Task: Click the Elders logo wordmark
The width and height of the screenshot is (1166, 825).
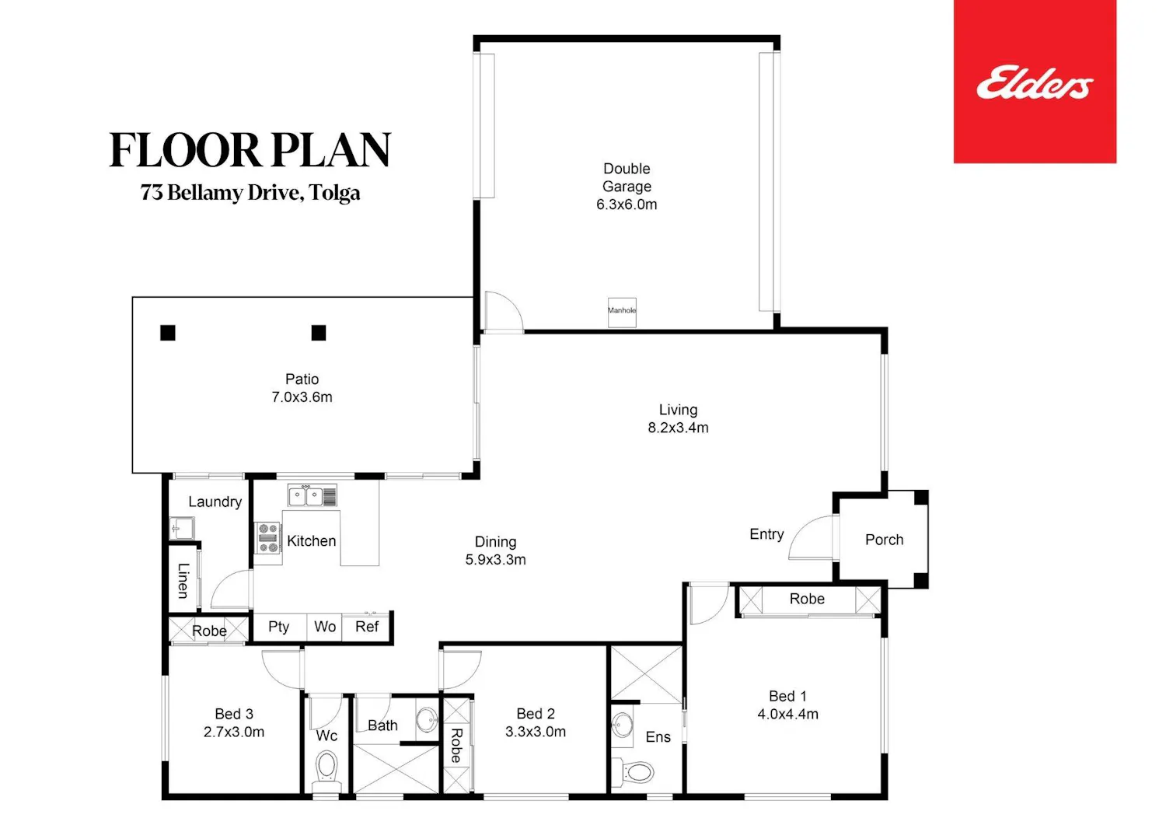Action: tap(1035, 83)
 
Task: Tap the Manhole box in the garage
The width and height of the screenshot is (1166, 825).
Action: tap(622, 312)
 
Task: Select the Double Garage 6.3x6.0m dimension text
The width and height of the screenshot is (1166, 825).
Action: tap(627, 205)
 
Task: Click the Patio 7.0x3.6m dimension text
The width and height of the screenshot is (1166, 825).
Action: tap(302, 397)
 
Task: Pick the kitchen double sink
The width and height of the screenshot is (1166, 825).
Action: tap(312, 495)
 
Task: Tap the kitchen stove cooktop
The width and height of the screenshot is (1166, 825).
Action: tap(268, 537)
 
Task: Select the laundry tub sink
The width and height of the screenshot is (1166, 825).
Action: tap(182, 528)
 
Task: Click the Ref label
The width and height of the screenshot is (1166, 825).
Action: tap(366, 627)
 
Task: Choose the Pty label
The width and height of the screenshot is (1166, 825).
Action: tap(278, 627)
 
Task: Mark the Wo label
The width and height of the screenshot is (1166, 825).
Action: tap(325, 627)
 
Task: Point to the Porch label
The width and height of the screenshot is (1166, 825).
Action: tap(884, 540)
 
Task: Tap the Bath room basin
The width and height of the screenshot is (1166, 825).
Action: tap(428, 719)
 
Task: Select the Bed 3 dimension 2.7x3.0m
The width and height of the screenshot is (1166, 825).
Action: tap(234, 732)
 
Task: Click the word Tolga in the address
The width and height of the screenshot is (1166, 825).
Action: tap(334, 193)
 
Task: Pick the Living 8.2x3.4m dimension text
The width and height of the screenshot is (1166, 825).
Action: tap(678, 428)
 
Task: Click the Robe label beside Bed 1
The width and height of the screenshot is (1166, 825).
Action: tap(807, 599)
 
